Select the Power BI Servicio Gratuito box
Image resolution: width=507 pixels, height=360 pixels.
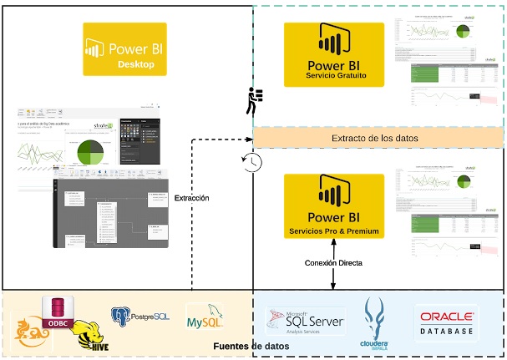[333, 54]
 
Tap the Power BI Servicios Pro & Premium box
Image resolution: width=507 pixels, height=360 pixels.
[333, 205]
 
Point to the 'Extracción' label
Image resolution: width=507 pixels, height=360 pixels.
[191, 198]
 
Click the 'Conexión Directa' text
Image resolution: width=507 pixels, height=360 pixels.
[333, 263]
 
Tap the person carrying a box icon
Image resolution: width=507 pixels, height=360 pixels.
[253, 101]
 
